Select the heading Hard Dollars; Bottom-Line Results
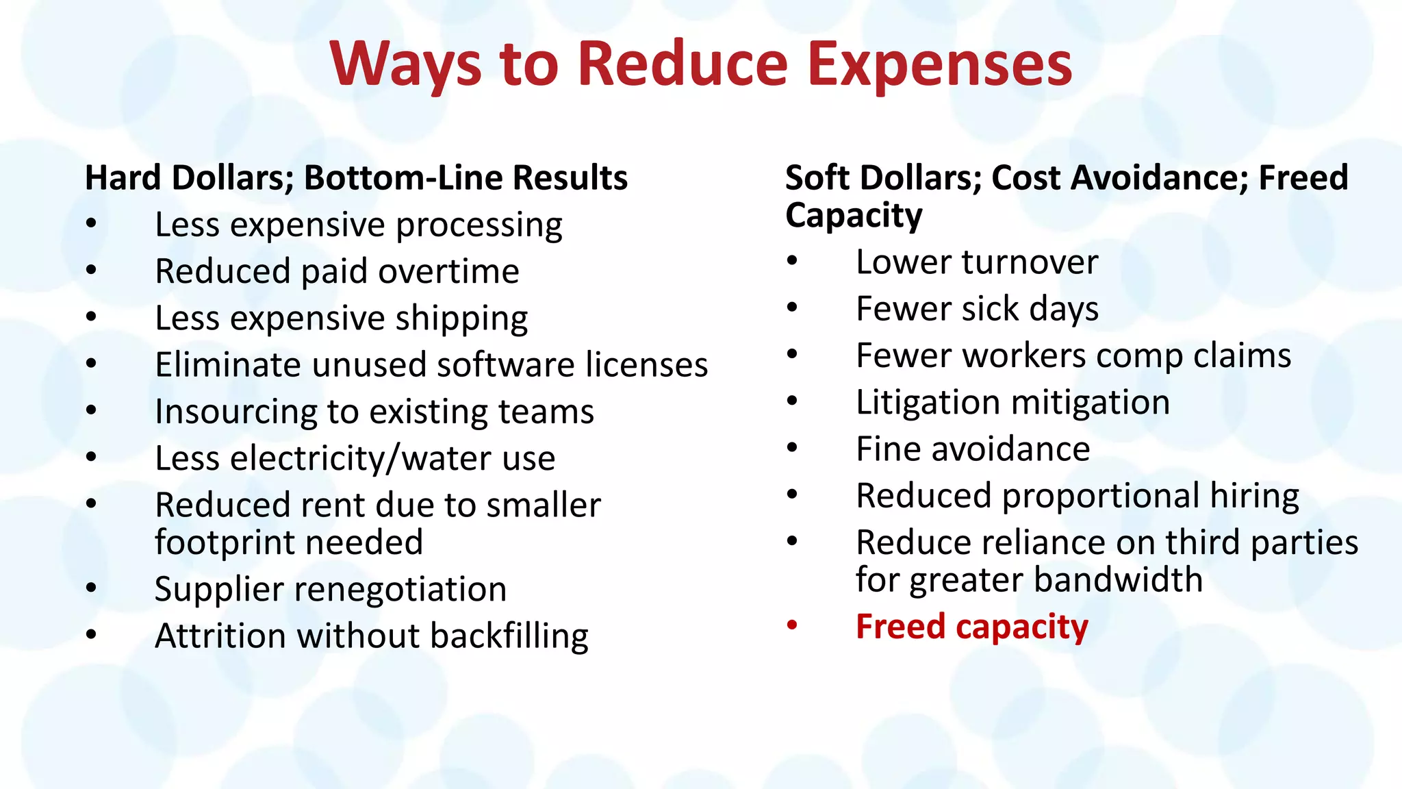tap(356, 178)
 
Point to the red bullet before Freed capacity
tap(792, 625)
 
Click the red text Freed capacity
tap(971, 627)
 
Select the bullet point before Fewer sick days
tap(792, 308)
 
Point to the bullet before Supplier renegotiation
tap(92, 588)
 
